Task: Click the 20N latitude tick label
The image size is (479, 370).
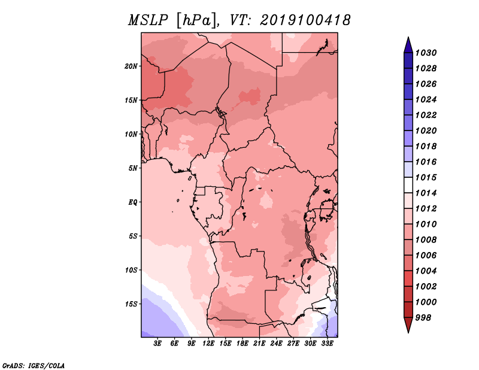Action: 131,66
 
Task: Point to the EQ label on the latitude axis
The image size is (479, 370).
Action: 133,202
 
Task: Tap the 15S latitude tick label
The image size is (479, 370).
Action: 131,304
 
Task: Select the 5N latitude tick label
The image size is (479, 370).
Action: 133,168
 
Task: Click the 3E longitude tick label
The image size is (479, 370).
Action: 157,344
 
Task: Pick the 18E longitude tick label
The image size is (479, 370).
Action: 242,344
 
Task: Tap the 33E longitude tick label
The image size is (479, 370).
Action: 327,344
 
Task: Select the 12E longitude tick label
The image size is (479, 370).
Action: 208,344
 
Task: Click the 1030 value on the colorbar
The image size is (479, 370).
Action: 426,53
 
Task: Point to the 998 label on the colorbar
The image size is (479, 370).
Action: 423,318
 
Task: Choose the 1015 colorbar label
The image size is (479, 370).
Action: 426,177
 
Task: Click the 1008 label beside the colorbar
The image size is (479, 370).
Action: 426,240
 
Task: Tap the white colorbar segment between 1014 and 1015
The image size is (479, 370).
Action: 408,185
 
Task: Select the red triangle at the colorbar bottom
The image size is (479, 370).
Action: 408,324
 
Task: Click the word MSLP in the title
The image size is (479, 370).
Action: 148,20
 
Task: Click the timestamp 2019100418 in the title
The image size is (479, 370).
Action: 305,20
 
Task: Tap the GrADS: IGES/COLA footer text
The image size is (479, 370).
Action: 34,366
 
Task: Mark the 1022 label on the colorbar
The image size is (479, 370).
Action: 426,115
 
